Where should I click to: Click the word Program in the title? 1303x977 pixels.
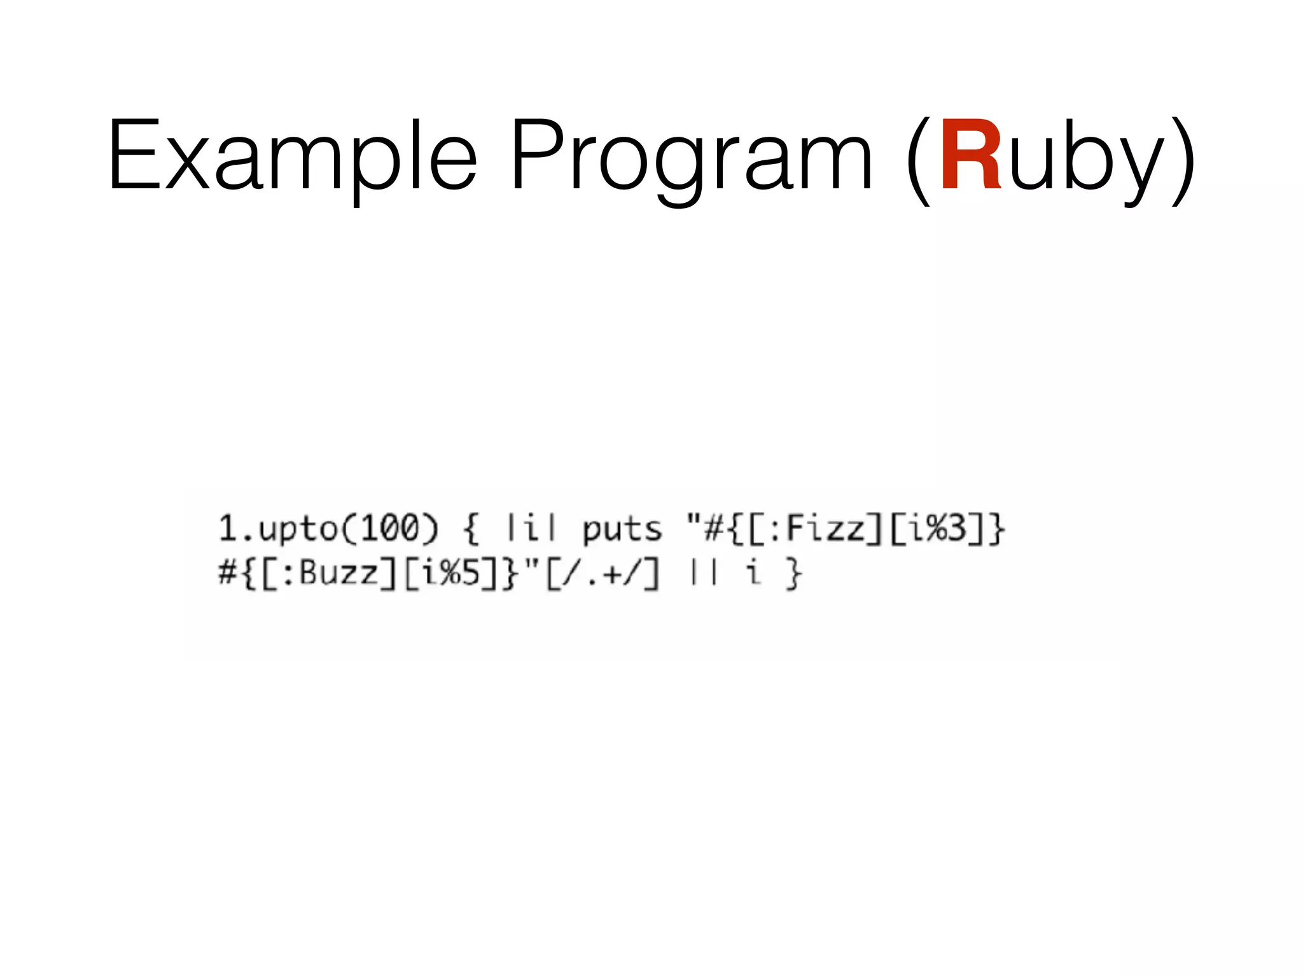click(692, 156)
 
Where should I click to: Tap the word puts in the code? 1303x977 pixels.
click(622, 530)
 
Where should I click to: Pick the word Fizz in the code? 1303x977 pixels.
click(826, 529)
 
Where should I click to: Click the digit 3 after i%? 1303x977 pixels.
click(956, 529)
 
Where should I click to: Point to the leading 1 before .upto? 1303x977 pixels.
click(227, 529)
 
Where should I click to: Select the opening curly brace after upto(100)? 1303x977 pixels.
click(471, 530)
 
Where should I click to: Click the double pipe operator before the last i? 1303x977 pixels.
click(704, 573)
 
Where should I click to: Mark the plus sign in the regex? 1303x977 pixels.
click(613, 574)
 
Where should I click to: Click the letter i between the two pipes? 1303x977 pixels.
click(531, 529)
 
